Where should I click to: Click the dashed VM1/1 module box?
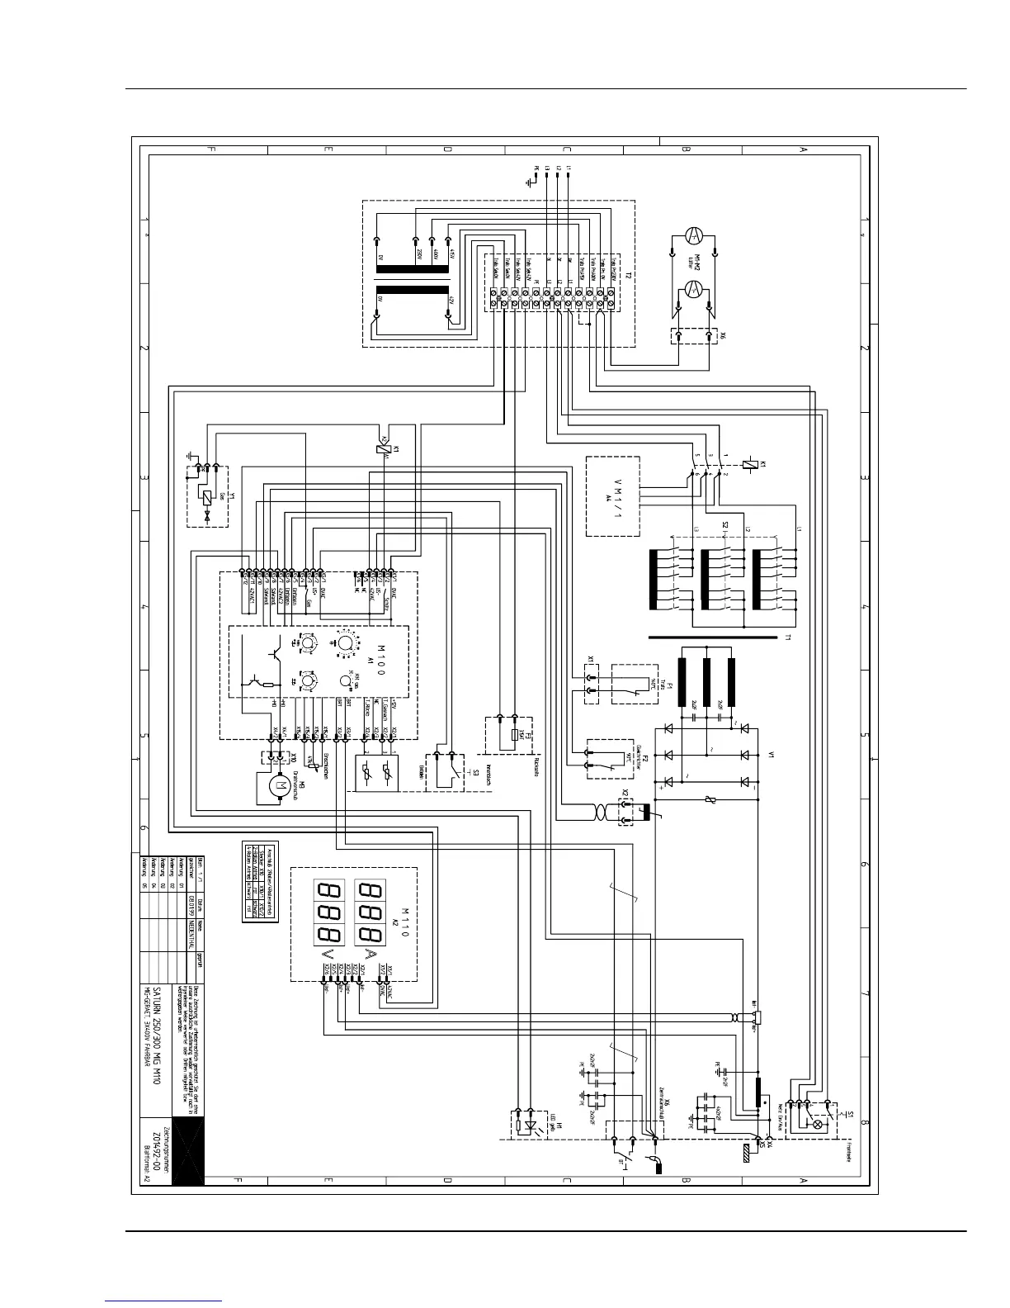pyautogui.click(x=612, y=495)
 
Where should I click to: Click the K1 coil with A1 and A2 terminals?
pyautogui.click(x=381, y=448)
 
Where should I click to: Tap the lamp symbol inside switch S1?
pyautogui.click(x=818, y=1124)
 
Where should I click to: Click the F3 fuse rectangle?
pyautogui.click(x=515, y=735)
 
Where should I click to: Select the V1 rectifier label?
pyautogui.click(x=772, y=755)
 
